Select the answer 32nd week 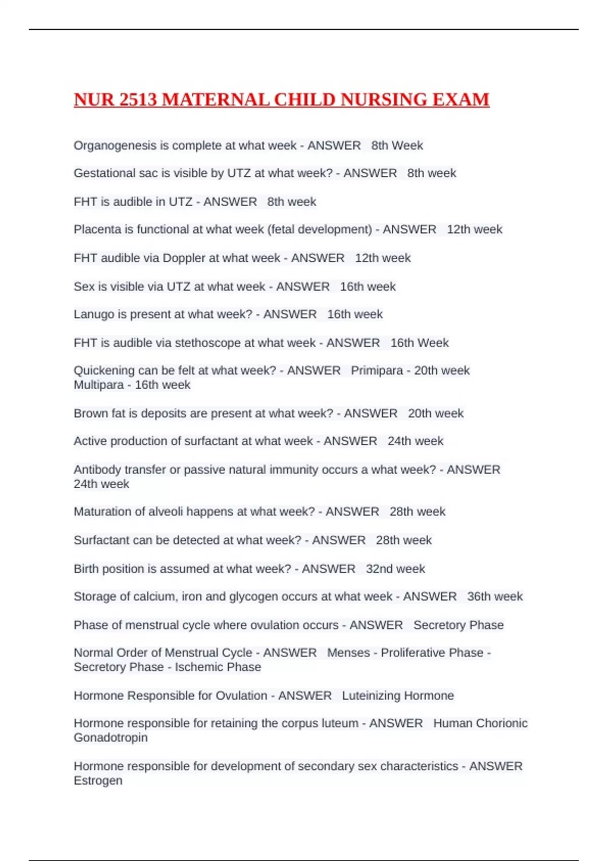click(x=395, y=569)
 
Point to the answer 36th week click(x=495, y=597)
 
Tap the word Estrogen click(x=98, y=780)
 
